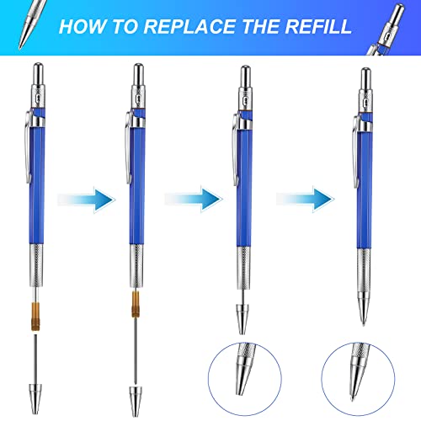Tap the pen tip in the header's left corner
click(x=20, y=12)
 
